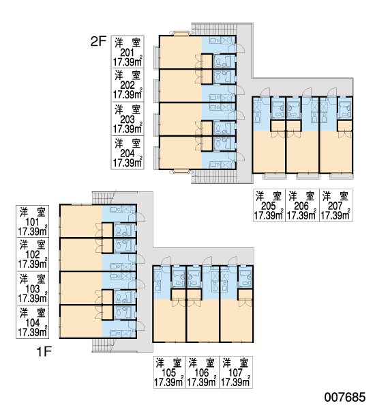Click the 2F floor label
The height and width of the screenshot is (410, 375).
point(98,41)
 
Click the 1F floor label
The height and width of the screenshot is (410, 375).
point(44,351)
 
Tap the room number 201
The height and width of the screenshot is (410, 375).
point(127,53)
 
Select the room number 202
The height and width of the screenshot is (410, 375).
point(127,85)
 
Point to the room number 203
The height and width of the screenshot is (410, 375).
point(127,120)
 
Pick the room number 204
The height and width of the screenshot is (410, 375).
point(127,153)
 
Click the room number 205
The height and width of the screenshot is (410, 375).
point(268,206)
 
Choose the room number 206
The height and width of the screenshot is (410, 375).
point(301,206)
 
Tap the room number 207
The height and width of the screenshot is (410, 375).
point(335,206)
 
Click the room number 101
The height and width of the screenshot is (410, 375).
point(33,222)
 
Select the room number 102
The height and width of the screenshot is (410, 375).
point(33,255)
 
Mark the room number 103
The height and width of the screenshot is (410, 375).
point(33,289)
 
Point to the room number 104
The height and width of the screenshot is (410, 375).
point(33,323)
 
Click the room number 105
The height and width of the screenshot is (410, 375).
point(169,373)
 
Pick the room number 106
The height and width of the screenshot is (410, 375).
point(202,373)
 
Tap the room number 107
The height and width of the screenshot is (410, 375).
point(236,373)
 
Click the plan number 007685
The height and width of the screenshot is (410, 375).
point(345,397)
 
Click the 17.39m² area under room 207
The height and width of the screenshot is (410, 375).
point(335,215)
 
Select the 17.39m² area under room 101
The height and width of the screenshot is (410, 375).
point(33,232)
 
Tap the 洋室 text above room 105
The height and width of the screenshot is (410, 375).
point(169,364)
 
